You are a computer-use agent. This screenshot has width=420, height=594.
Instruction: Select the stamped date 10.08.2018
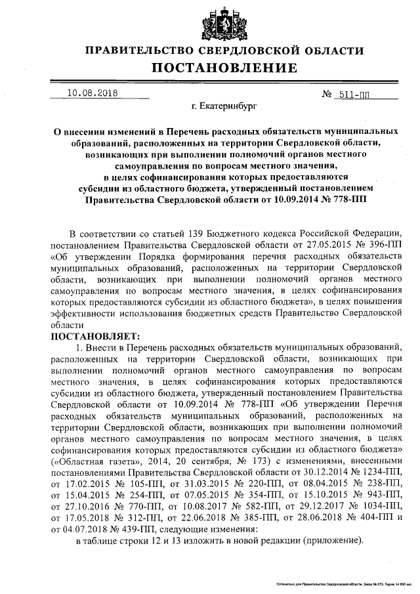[93, 93]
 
